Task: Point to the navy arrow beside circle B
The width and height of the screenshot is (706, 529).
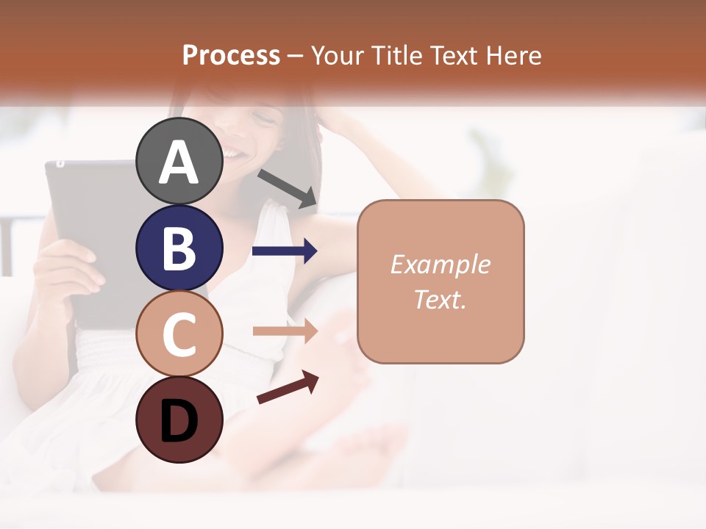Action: click(285, 251)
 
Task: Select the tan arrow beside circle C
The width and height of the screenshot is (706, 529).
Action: click(285, 331)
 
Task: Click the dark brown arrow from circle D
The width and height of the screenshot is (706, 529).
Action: click(288, 387)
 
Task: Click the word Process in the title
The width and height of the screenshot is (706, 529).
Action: click(231, 55)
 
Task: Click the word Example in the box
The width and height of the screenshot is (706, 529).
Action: click(440, 264)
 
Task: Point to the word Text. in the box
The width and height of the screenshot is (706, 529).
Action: click(440, 299)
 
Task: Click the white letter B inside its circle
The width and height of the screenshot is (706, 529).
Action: click(179, 248)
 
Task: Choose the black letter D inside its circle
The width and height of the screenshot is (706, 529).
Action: click(179, 421)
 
